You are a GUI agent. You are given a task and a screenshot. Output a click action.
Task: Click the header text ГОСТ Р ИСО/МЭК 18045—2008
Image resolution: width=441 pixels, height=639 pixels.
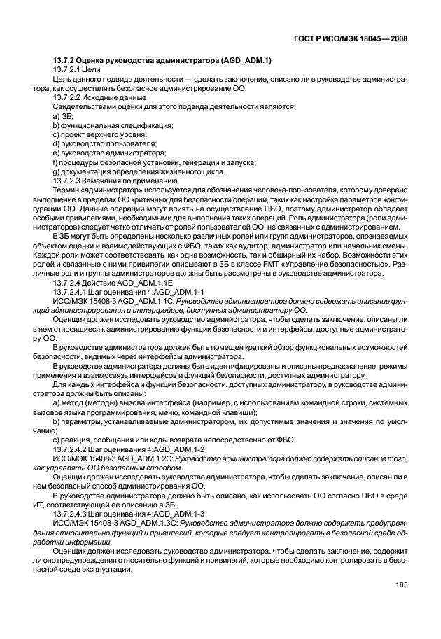click(356, 39)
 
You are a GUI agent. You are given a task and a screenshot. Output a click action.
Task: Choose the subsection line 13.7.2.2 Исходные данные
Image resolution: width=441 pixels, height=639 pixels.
click(94, 98)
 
